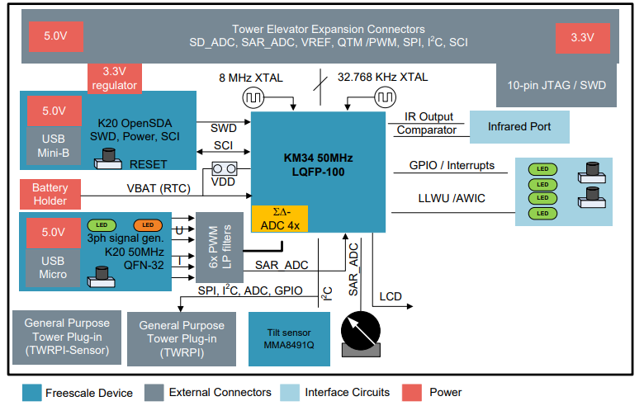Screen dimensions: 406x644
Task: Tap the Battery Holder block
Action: pyautogui.click(x=50, y=195)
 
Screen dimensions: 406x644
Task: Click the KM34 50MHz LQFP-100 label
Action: pyautogui.click(x=319, y=163)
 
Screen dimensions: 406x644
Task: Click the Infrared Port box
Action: pyautogui.click(x=521, y=127)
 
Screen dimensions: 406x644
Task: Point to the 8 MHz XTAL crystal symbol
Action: pyautogui.click(x=253, y=97)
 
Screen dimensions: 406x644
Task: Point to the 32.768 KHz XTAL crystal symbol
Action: pyautogui.click(x=384, y=97)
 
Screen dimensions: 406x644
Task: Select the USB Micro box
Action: pyautogui.click(x=54, y=266)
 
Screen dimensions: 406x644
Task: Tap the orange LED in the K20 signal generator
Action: pyautogui.click(x=148, y=225)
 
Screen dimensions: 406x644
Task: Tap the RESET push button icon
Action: pyautogui.click(x=107, y=159)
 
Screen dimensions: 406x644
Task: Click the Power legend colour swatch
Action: pyautogui.click(x=415, y=391)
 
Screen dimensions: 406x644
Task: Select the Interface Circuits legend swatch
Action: pyautogui.click(x=291, y=391)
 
